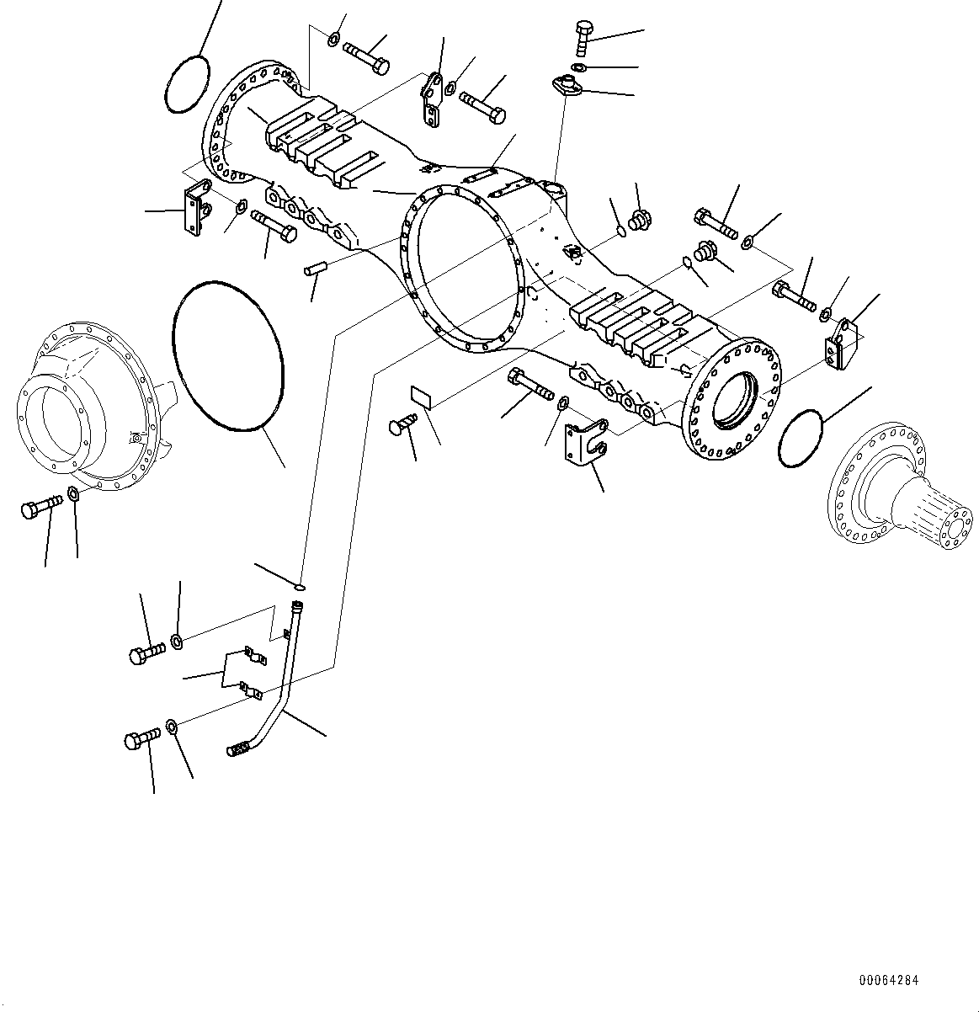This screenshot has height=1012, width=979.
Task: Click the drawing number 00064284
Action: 889,980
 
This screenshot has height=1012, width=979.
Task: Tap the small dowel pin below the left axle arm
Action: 315,269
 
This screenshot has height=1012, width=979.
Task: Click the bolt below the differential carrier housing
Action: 40,507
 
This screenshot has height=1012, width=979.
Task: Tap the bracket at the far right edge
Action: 841,343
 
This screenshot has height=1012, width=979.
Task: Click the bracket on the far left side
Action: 198,210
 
